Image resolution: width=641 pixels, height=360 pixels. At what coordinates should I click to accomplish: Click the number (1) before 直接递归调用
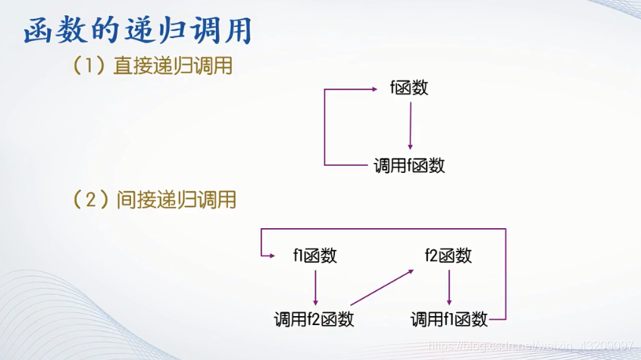88,67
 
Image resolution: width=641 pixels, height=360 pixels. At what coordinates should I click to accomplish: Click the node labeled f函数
409,88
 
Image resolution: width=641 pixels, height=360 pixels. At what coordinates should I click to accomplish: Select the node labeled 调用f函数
409,165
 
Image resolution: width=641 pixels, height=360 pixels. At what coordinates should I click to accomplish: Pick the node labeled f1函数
314,255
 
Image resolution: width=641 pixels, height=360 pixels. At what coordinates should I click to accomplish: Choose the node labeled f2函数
449,255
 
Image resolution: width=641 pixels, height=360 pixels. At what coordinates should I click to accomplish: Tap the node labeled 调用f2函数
314,319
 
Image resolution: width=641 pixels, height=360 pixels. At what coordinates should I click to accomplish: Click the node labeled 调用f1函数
449,319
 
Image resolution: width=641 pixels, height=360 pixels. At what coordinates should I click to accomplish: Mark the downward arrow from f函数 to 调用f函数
410,126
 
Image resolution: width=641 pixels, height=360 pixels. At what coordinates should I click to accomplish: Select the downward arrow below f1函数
314,286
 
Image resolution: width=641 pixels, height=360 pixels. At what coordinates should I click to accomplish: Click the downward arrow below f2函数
450,286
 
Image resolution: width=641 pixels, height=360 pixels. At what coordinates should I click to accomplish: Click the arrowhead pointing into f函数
372,89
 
